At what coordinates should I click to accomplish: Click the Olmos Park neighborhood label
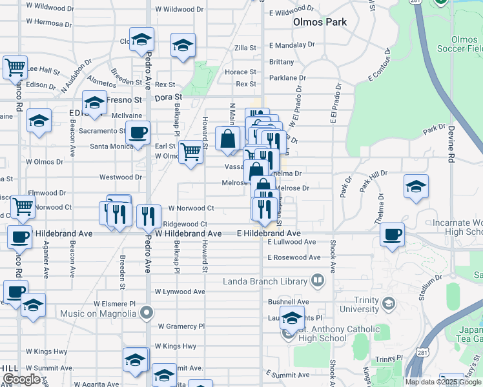[x=320, y=22]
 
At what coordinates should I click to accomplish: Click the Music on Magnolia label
[x=98, y=313]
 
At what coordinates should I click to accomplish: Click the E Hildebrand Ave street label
[x=269, y=233]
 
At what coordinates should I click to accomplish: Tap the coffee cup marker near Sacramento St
[x=138, y=134]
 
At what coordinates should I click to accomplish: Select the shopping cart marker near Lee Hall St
[x=15, y=66]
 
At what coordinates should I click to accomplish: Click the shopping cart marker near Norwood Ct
[x=23, y=206]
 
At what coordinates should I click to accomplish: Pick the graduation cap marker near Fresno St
[x=94, y=103]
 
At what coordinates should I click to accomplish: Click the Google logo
[x=21, y=379]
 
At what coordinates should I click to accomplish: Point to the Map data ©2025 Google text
[x=444, y=381]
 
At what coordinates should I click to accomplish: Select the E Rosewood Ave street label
[x=294, y=257]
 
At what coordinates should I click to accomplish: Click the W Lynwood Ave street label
[x=180, y=292]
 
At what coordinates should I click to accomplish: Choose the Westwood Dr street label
[x=120, y=177]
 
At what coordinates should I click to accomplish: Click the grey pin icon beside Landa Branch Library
[x=318, y=281]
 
